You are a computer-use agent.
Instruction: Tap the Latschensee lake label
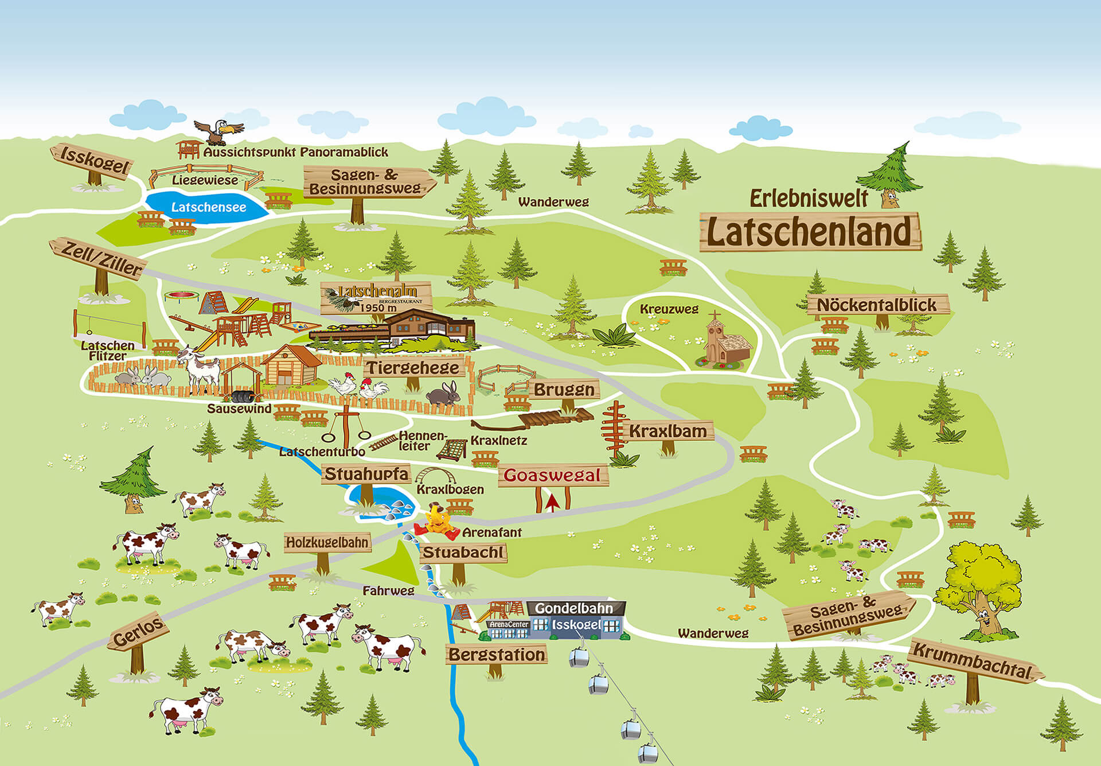209,207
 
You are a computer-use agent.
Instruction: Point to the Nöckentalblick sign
877,305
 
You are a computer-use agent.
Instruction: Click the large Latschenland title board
809,232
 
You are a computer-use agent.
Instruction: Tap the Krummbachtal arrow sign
973,662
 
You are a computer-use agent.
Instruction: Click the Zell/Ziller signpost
101,259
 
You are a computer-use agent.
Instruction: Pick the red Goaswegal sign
552,475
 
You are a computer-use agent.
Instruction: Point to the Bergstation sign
497,654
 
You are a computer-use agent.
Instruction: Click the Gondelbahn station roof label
574,608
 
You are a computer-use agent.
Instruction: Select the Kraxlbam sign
668,431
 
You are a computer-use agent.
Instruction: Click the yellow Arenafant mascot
438,522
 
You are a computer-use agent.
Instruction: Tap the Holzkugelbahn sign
327,542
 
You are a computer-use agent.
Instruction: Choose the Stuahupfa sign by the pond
366,474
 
